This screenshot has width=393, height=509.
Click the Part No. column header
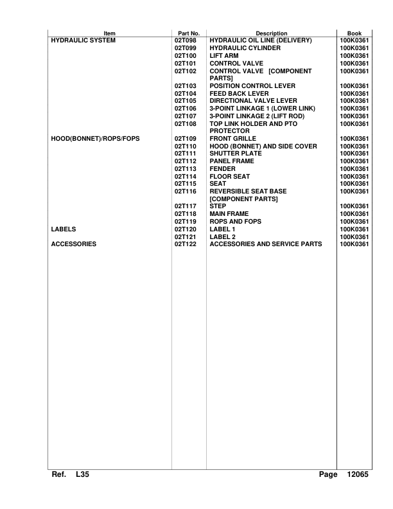[x=188, y=33]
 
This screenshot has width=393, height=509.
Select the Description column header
[x=271, y=33]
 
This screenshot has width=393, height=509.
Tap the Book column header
[x=354, y=33]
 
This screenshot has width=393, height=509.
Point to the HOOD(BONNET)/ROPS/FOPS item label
[x=95, y=138]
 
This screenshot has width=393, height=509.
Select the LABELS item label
[x=63, y=229]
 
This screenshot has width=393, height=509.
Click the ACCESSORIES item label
[x=73, y=244]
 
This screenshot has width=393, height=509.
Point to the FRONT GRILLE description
[x=233, y=138]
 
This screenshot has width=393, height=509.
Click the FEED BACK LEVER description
[x=240, y=93]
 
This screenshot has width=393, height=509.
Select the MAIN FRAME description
[x=229, y=213]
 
